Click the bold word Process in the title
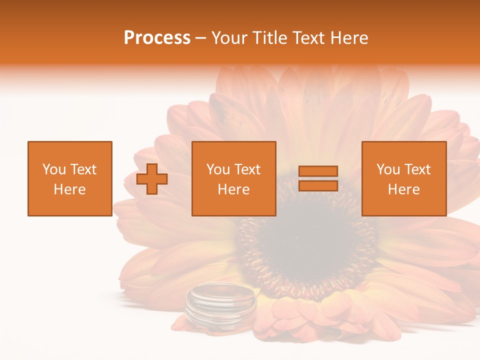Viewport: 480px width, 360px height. (x=157, y=38)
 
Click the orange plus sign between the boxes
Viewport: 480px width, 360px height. (x=152, y=179)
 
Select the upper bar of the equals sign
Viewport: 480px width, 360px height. (x=318, y=171)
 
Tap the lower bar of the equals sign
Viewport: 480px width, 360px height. (x=318, y=186)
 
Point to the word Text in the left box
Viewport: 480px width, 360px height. (x=83, y=169)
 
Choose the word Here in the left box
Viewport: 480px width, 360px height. (x=69, y=189)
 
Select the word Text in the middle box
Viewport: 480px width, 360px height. (x=247, y=169)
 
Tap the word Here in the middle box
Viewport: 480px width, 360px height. (x=233, y=189)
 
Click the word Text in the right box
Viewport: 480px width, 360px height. (x=417, y=169)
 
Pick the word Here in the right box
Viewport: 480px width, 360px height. (x=403, y=189)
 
